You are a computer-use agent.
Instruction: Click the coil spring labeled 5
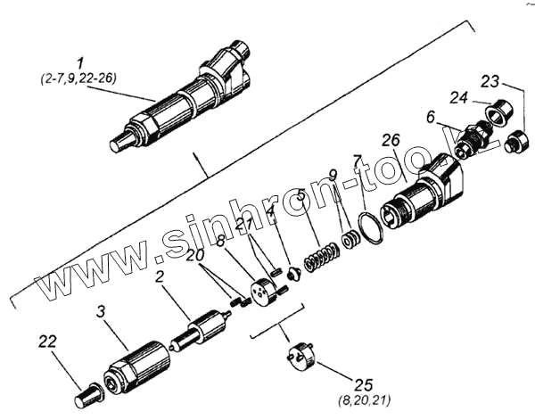click(x=318, y=256)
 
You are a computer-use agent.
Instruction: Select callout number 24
click(x=458, y=96)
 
